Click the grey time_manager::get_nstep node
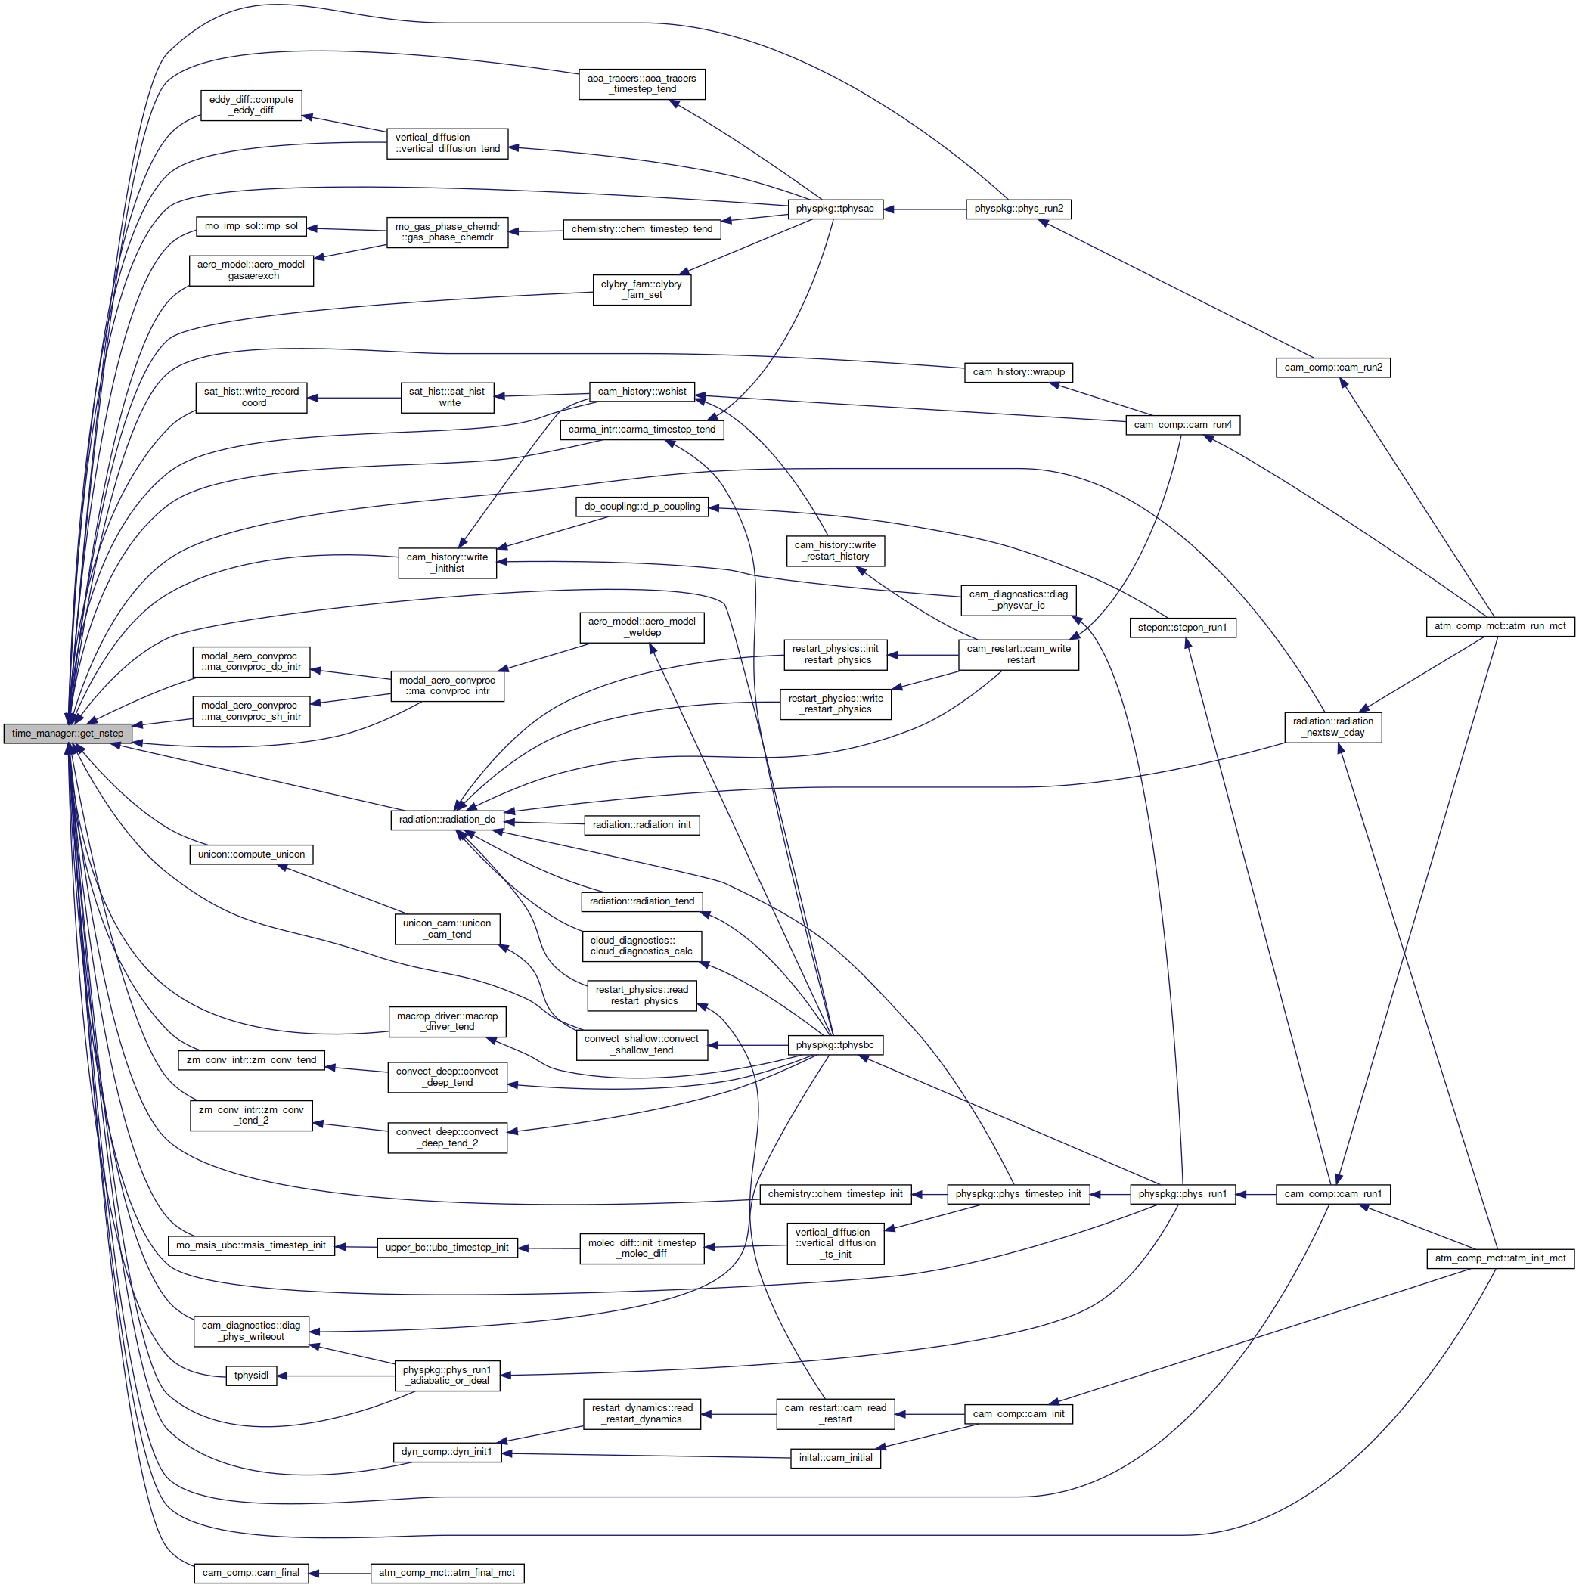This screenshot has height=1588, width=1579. pos(67,734)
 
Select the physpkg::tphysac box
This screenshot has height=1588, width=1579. pos(834,209)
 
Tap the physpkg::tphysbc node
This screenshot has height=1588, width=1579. pos(834,1046)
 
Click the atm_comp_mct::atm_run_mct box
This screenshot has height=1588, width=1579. pos(1500,626)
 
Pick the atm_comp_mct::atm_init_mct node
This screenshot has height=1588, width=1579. pos(1500,1258)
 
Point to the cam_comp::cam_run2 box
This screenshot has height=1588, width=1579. pos(1332,368)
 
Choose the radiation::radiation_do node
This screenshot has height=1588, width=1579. pos(447,820)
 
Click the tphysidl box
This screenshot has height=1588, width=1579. pos(251,1375)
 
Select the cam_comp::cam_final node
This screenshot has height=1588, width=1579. pos(251,1572)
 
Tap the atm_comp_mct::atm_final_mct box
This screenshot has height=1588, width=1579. pos(446,1572)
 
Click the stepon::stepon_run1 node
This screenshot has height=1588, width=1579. pos(1182,628)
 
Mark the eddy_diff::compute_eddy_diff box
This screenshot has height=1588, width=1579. pos(252,105)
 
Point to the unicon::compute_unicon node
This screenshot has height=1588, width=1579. pos(251,854)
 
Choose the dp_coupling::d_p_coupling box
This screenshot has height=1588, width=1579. pos(642,507)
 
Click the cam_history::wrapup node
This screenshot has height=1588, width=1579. pos(1019,372)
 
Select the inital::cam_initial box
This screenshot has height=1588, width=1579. pos(835,1458)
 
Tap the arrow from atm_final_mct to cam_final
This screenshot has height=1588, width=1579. pos(339,1573)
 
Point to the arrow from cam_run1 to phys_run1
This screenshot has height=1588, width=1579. pos(1255,1194)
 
